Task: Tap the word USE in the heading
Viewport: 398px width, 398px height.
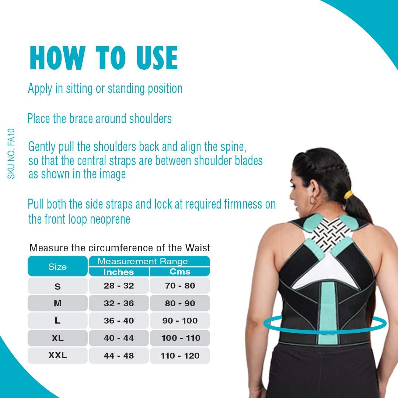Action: click(x=157, y=58)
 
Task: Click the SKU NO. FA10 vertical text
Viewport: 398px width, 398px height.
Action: click(x=11, y=154)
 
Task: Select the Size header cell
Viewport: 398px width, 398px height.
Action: click(x=57, y=266)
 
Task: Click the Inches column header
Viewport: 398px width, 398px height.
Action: click(x=119, y=272)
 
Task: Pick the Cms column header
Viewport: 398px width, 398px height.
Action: click(x=180, y=272)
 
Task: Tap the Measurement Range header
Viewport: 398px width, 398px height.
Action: click(x=143, y=261)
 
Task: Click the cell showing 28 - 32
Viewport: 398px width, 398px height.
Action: click(x=119, y=286)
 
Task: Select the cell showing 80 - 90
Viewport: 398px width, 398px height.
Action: click(x=180, y=303)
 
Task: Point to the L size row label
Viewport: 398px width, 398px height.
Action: click(x=57, y=321)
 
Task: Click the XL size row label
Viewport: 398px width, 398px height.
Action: click(x=57, y=338)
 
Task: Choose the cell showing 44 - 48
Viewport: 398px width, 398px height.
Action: click(x=119, y=355)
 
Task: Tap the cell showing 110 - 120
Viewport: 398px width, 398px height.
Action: click(x=180, y=355)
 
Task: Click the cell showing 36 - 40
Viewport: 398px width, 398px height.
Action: click(x=119, y=321)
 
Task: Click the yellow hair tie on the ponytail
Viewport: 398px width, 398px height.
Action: click(x=349, y=195)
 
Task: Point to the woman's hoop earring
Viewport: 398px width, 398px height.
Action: click(x=313, y=200)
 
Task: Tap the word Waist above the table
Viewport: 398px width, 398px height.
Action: click(x=198, y=248)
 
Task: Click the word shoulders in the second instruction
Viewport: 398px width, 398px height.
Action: click(x=150, y=119)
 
